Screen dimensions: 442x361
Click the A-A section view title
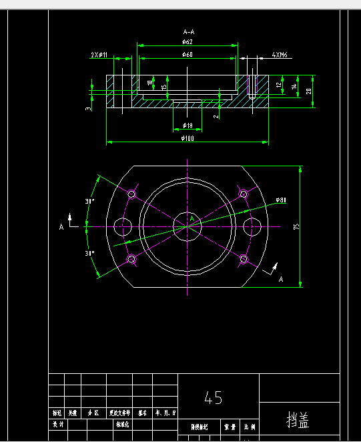click(188, 31)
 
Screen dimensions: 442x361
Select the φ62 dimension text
click(188, 41)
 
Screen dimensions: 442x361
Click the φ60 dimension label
click(188, 54)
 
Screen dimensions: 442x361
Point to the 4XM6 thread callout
click(279, 55)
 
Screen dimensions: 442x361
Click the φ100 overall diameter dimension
click(188, 138)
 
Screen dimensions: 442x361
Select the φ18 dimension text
click(188, 126)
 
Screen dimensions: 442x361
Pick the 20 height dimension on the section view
click(308, 91)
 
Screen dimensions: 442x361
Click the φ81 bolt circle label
click(280, 200)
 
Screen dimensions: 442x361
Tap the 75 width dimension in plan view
click(296, 226)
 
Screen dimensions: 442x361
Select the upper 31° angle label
click(90, 201)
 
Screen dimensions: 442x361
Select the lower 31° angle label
click(90, 254)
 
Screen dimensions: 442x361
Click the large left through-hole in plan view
click(123, 226)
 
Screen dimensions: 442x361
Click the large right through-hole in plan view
click(252, 226)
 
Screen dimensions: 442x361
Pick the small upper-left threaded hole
click(131, 194)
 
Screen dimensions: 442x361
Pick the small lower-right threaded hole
click(244, 259)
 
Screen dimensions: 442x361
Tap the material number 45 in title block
click(214, 399)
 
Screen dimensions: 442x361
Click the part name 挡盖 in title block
click(298, 421)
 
